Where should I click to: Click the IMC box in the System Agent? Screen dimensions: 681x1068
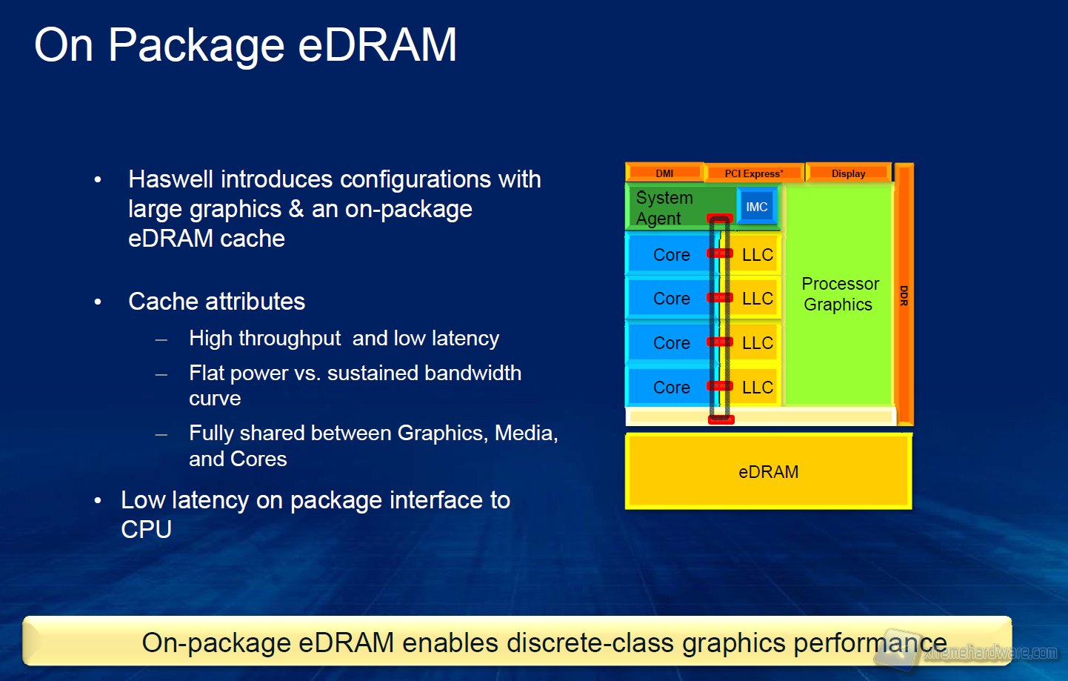(756, 207)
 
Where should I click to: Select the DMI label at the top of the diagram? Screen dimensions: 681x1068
(664, 173)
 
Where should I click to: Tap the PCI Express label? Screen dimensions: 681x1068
(753, 173)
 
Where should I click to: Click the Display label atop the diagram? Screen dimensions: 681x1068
(848, 173)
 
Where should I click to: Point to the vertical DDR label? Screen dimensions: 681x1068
(904, 295)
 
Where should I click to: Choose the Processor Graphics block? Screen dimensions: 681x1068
(840, 294)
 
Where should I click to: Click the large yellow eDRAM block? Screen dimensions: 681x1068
(768, 472)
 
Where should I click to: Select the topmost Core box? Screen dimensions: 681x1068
(671, 255)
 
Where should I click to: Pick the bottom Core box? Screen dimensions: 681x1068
(671, 388)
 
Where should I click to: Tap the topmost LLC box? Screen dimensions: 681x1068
(757, 255)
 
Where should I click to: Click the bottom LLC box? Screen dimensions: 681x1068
(757, 388)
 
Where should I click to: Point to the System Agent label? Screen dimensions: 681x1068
(664, 208)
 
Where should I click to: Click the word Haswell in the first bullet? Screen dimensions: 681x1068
(171, 179)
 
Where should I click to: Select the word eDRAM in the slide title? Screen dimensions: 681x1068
(377, 45)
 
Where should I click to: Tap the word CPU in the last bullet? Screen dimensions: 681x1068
(146, 530)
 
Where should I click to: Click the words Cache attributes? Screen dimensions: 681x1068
(216, 302)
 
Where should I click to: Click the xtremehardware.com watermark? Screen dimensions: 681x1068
(990, 653)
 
